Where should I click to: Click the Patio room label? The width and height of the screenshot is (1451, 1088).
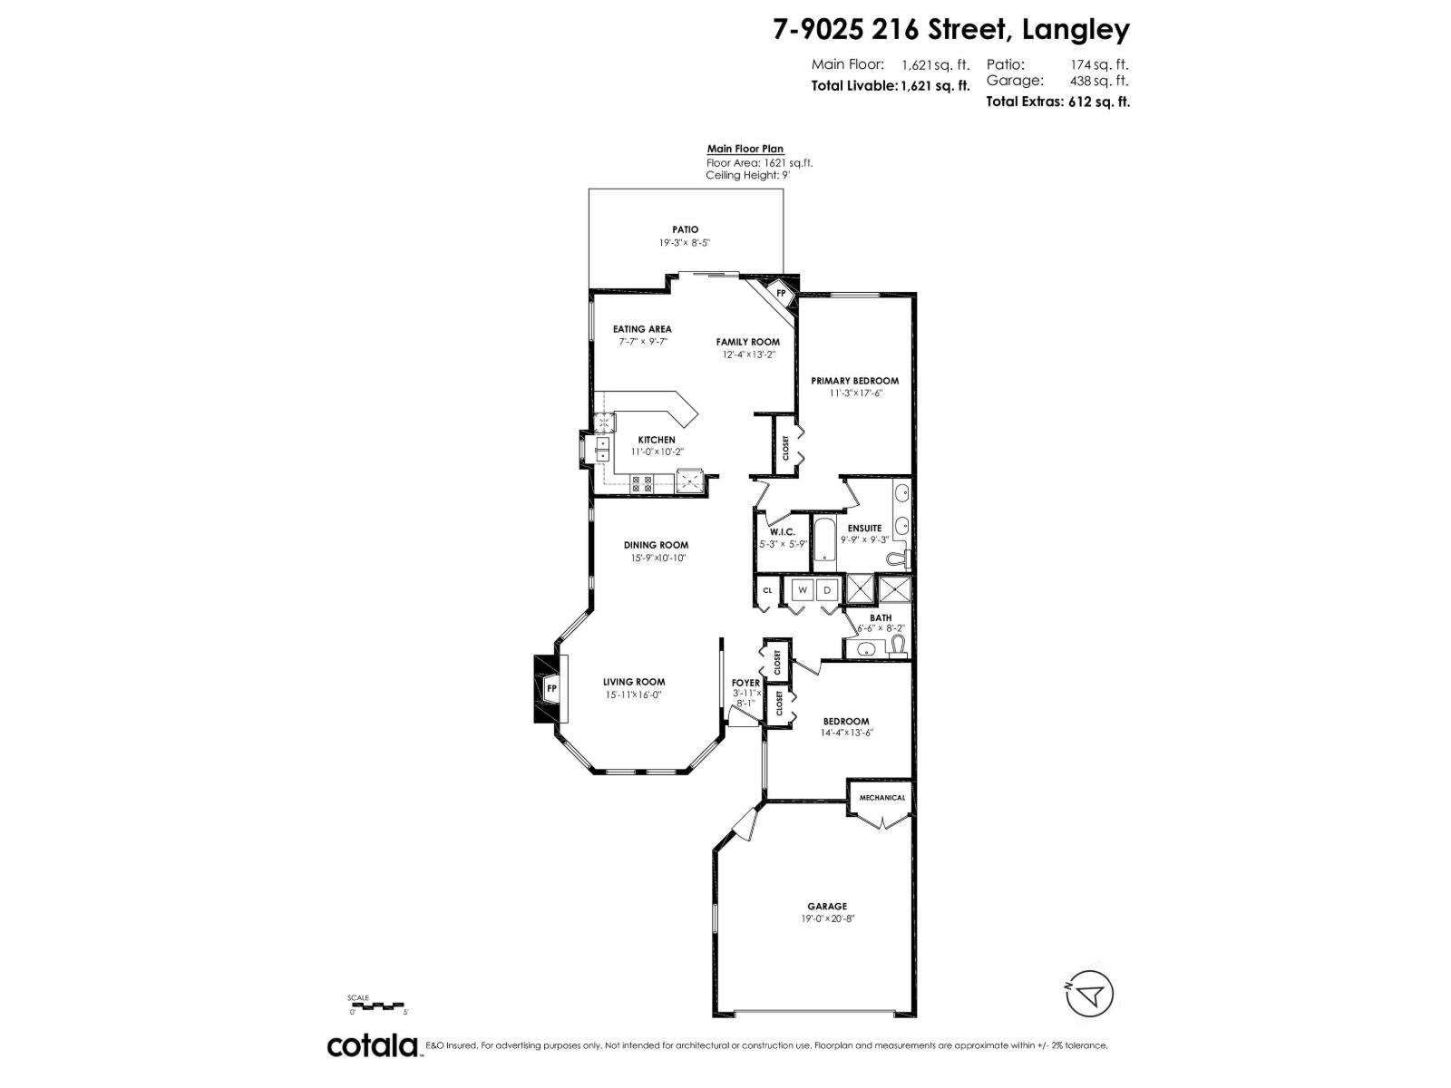click(685, 229)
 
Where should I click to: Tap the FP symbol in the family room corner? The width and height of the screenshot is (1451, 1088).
click(780, 294)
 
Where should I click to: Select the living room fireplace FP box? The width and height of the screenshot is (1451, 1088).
click(550, 689)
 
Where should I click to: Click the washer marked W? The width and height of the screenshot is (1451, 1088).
click(802, 590)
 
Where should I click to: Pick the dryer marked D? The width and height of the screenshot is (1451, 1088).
click(827, 590)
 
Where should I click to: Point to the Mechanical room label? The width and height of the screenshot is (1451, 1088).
click(882, 798)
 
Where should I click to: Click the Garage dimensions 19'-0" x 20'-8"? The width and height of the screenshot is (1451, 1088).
click(828, 918)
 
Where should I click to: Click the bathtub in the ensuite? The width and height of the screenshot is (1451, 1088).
click(824, 541)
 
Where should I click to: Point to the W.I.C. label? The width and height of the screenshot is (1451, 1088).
click(782, 532)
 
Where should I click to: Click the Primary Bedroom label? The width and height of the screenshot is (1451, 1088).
click(854, 381)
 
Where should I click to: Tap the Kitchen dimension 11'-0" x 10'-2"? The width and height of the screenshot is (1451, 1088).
click(657, 452)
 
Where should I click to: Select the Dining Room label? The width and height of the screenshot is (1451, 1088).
click(656, 545)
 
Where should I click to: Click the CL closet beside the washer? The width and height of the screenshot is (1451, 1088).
click(767, 590)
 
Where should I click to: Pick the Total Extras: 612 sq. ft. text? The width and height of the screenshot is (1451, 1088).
click(1057, 102)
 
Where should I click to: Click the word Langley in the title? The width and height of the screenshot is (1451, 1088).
click(1076, 30)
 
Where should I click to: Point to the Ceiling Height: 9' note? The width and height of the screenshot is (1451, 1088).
click(747, 175)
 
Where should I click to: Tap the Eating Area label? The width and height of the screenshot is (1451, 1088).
click(642, 329)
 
